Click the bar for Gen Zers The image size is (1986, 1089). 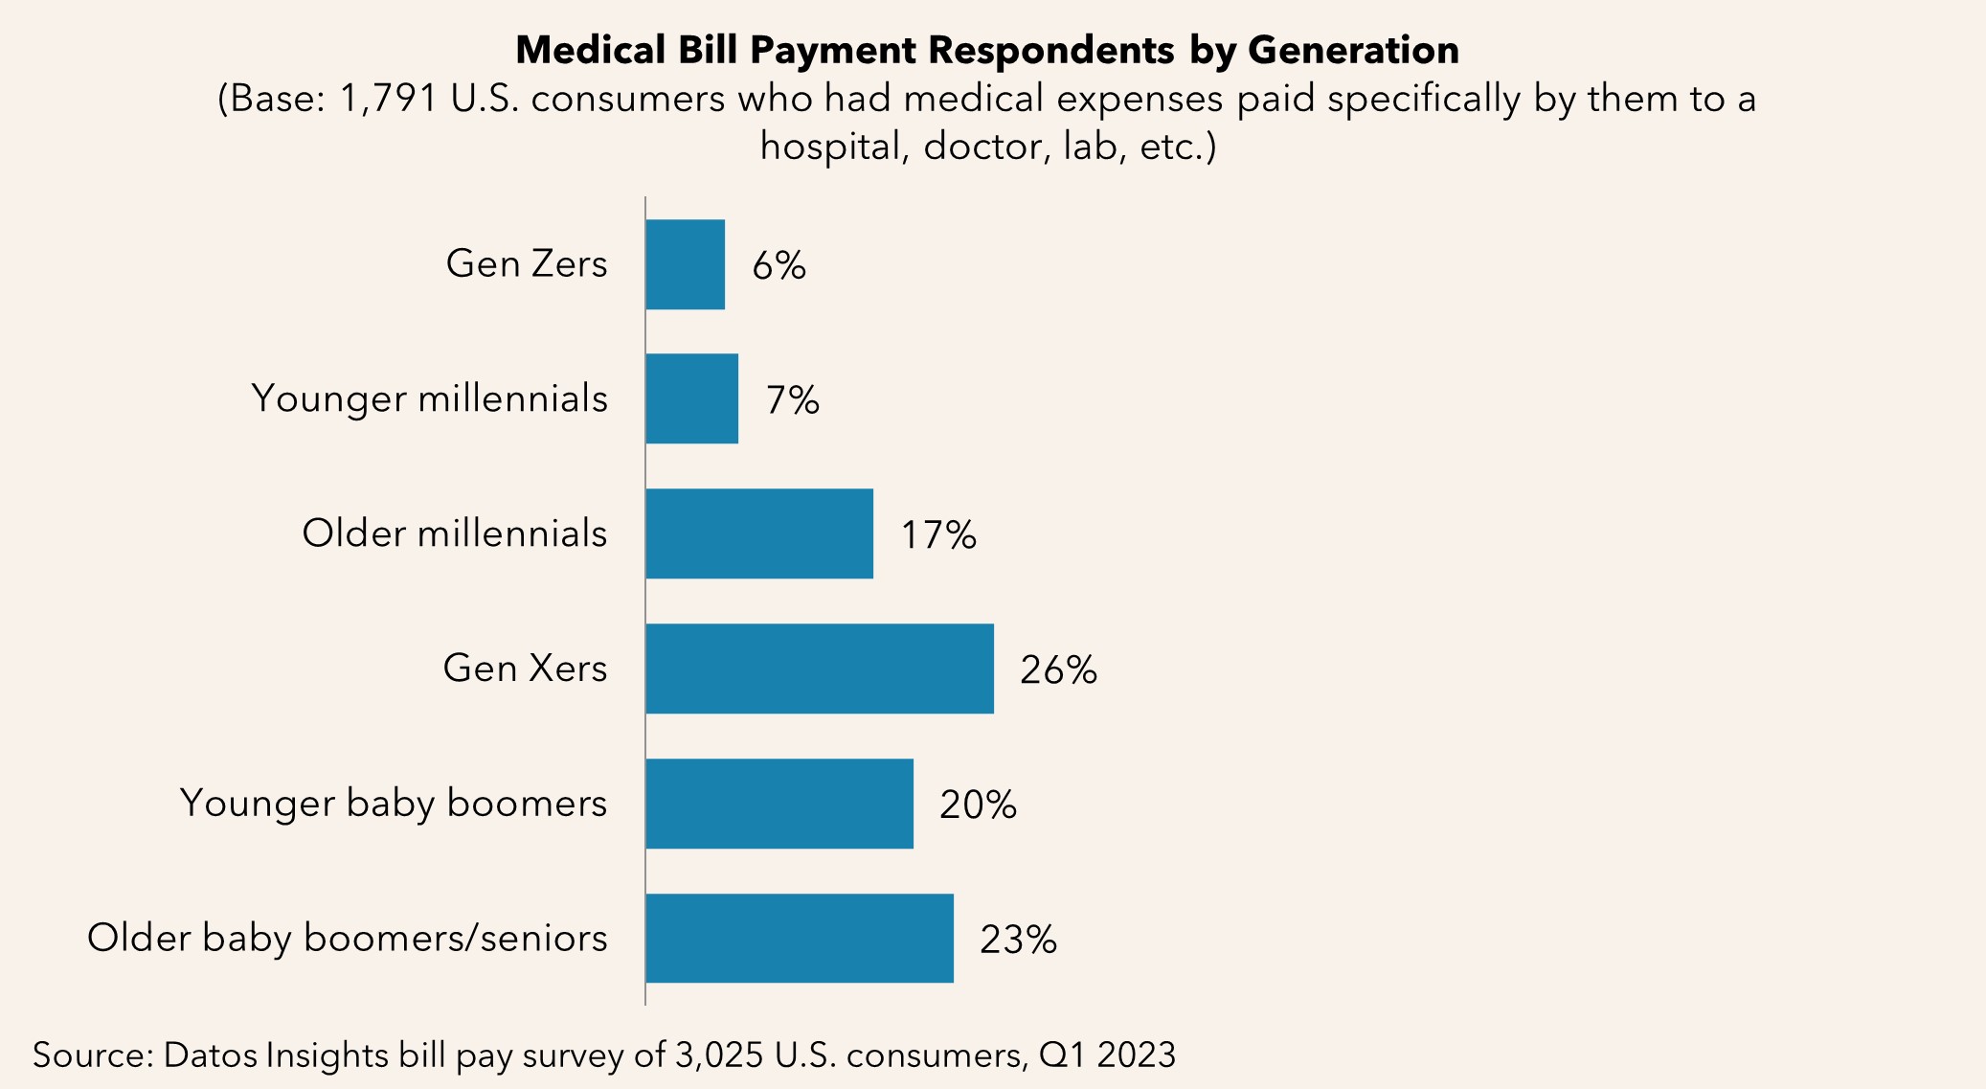[685, 264]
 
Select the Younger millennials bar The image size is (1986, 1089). [691, 398]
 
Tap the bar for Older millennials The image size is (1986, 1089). [759, 533]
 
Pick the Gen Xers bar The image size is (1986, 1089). [820, 669]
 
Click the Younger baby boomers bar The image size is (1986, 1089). [779, 804]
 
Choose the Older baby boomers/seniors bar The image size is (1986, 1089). [800, 939]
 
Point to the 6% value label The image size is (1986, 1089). [779, 265]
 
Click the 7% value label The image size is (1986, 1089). [792, 400]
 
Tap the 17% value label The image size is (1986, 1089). [937, 535]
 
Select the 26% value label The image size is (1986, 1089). [1058, 670]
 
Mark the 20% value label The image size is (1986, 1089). [978, 805]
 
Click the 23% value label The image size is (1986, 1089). [1018, 941]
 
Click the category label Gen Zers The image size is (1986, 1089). [527, 264]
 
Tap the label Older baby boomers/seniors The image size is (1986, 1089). [347, 939]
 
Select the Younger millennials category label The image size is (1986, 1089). [429, 399]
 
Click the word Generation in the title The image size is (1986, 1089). [1353, 50]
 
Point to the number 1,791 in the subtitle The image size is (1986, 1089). [388, 100]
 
